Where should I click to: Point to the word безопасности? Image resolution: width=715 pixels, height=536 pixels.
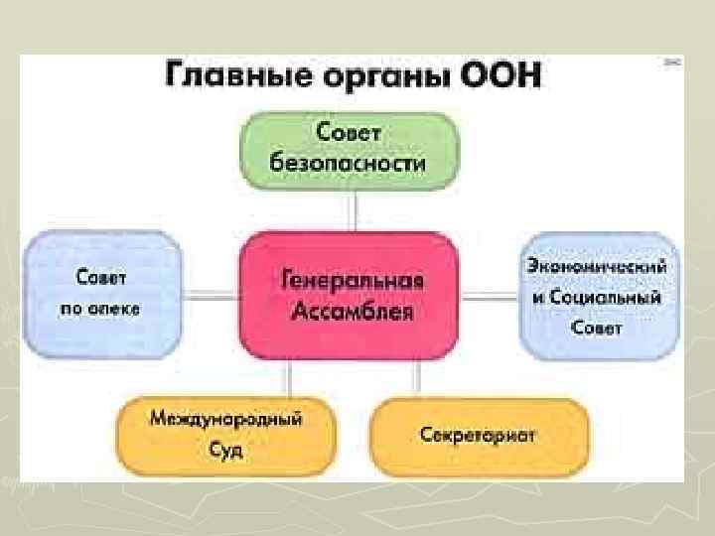350,163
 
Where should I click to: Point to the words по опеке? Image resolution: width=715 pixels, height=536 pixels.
100,308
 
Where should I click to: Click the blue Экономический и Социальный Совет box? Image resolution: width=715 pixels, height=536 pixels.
598,295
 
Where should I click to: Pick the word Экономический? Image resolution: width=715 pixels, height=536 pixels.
598,266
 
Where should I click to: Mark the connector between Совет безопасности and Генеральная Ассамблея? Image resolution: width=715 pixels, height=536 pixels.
353,209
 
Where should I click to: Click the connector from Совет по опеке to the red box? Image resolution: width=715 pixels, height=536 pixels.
210,295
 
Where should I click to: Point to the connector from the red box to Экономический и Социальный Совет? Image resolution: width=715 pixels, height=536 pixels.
490,295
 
